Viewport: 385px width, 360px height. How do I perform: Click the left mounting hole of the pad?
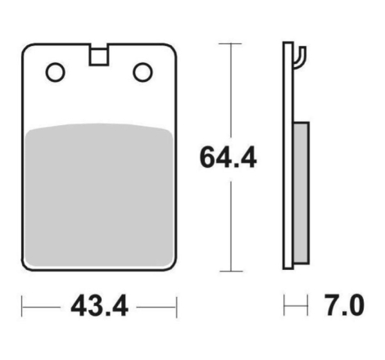55,72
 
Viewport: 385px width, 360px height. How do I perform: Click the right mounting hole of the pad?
143,72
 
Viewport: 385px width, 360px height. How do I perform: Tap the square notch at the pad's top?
98,56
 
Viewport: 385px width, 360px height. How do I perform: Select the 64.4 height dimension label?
228,158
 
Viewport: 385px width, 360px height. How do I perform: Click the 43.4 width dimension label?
99,306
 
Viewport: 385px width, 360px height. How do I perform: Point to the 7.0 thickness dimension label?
345,305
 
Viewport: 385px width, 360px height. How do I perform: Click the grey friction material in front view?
98,195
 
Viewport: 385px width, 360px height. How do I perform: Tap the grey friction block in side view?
301,193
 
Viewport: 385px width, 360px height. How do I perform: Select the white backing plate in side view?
288,155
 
